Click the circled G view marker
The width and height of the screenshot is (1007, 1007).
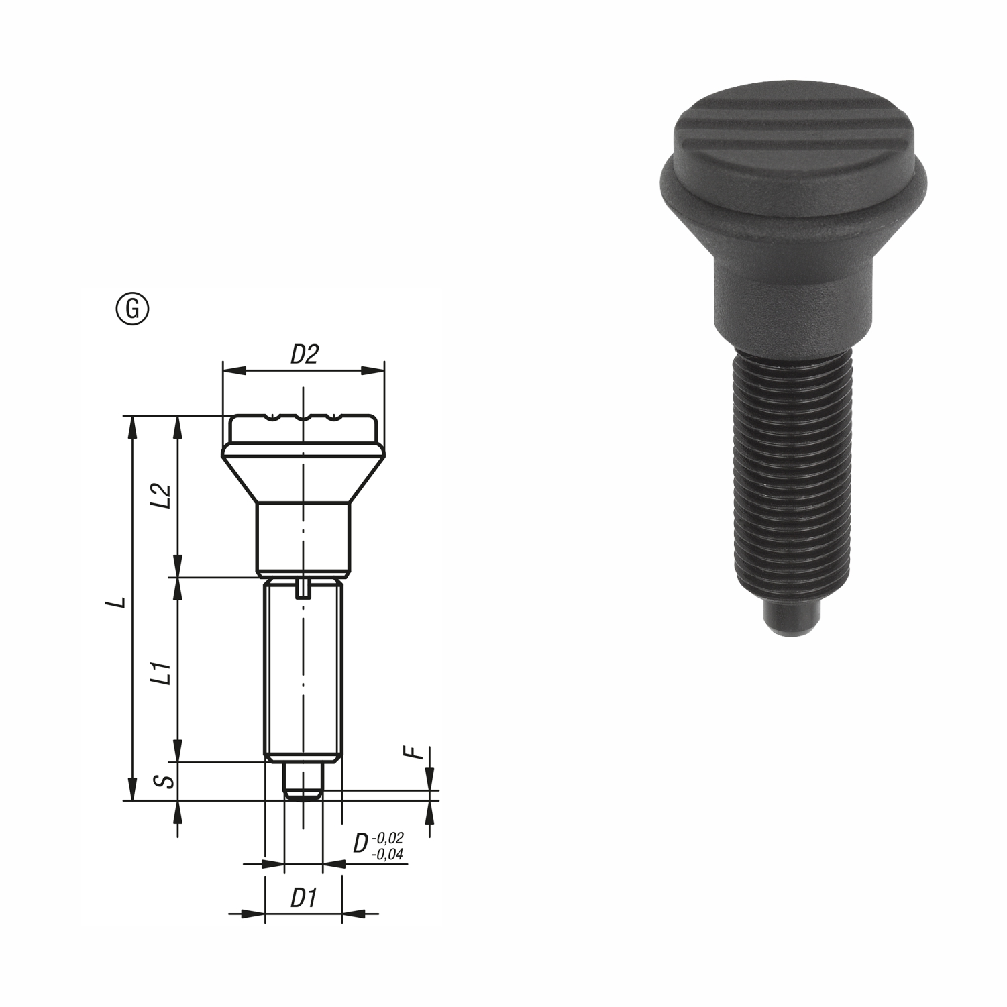pyautogui.click(x=133, y=309)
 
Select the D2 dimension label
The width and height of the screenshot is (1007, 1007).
pyautogui.click(x=303, y=354)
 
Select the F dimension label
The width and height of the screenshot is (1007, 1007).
pyautogui.click(x=417, y=753)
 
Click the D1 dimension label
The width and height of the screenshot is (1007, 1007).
pyautogui.click(x=303, y=898)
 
